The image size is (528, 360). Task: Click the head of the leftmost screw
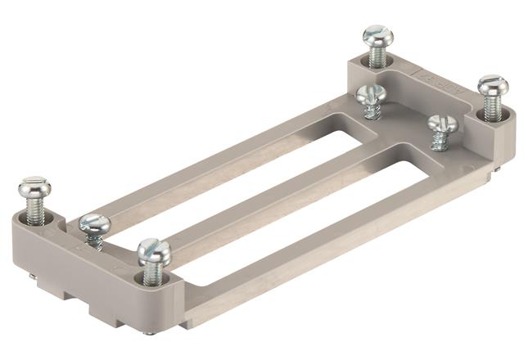coord(34,187)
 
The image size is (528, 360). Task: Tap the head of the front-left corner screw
coord(154,250)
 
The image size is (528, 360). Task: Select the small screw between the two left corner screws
coord(93,223)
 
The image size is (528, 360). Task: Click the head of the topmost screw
coord(377,36)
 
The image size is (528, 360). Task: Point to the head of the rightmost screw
coord(493,85)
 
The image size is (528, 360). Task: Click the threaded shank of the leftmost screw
coord(35,212)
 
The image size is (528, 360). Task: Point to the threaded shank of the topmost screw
coord(377,56)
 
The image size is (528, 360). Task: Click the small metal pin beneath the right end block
coord(495,169)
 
